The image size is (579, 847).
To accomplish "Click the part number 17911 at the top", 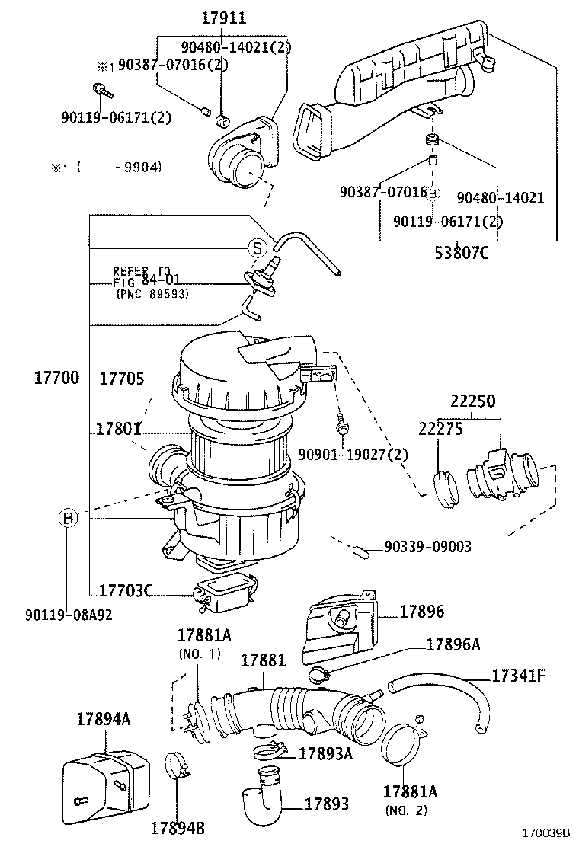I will point(224,18).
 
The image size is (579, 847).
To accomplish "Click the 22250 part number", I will point(472,401).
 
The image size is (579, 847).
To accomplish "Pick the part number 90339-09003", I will point(427,547).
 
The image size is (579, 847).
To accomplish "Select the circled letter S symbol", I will point(258,247).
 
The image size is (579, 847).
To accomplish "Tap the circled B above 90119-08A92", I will point(68,519).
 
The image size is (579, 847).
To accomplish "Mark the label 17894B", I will point(177,828).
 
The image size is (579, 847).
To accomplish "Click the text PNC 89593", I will point(152,293).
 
